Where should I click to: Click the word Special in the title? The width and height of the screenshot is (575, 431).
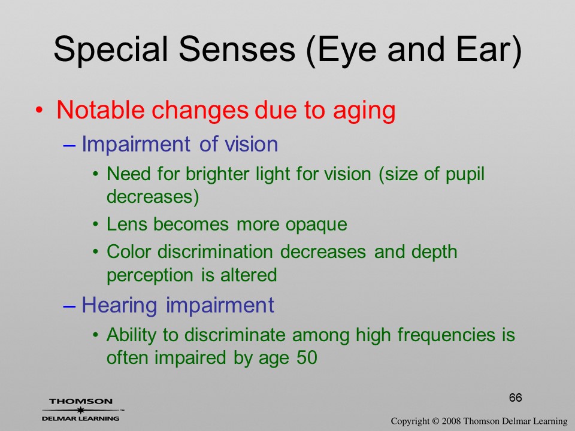111,50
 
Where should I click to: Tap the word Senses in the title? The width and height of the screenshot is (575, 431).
237,49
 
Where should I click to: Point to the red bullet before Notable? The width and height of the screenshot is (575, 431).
40,110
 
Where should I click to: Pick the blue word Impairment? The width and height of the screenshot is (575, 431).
136,145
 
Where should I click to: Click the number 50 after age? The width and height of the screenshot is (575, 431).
307,357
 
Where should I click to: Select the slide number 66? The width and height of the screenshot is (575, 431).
515,397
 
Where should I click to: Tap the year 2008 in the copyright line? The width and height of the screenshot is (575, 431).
451,421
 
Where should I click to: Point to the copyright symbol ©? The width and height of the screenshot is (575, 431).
435,421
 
